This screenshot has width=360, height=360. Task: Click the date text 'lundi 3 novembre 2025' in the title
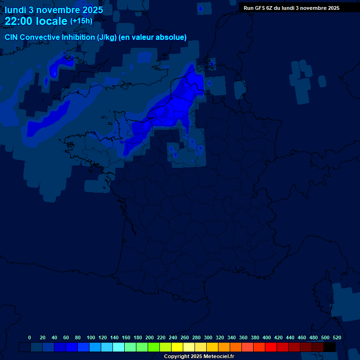click(54, 10)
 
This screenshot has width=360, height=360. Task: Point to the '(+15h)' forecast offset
click(81, 21)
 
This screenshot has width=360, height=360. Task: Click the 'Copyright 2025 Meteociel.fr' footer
click(199, 357)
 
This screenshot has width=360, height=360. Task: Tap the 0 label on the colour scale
click(30, 337)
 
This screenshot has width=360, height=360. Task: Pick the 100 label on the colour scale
click(91, 337)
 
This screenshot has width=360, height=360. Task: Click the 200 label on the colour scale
click(150, 337)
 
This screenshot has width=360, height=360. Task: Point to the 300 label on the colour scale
click(208, 337)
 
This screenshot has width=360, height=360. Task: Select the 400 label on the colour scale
click(267, 337)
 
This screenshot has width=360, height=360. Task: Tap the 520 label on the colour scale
click(337, 337)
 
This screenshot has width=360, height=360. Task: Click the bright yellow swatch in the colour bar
click(177, 347)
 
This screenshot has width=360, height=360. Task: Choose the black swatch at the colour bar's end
click(330, 347)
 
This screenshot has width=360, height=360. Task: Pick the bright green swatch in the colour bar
click(154, 347)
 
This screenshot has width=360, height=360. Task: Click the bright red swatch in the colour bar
click(271, 347)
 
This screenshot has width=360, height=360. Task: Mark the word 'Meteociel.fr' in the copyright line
click(218, 357)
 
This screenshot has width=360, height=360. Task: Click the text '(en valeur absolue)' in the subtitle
click(153, 37)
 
